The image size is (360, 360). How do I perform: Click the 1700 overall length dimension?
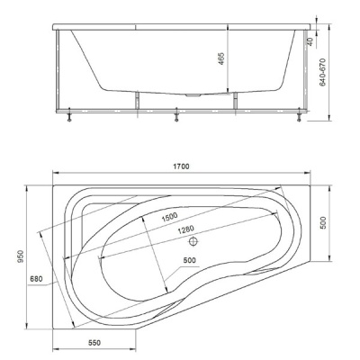[182, 166]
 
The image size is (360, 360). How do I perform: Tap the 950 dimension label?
[20, 257]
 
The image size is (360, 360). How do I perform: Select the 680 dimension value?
[36, 279]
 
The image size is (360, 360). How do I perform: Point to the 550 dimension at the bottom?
[94, 343]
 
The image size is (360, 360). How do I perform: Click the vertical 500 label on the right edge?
[323, 222]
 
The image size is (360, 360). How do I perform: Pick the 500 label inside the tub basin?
[189, 260]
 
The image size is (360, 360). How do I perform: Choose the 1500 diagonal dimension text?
[169, 217]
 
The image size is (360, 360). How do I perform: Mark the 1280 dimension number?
[185, 229]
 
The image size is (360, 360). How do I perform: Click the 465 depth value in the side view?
[221, 58]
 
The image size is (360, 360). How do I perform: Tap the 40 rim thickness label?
[310, 41]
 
